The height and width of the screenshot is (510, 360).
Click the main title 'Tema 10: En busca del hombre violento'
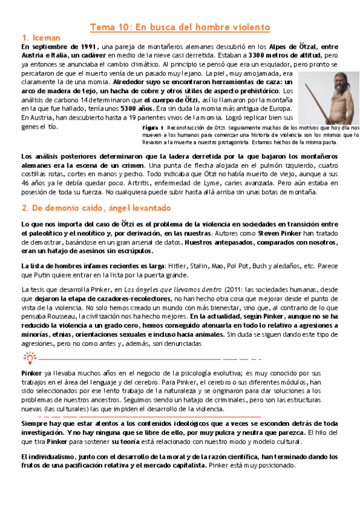point(180,27)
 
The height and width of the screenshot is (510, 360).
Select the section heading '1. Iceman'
point(40,37)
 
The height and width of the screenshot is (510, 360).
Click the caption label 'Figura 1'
point(154,129)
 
